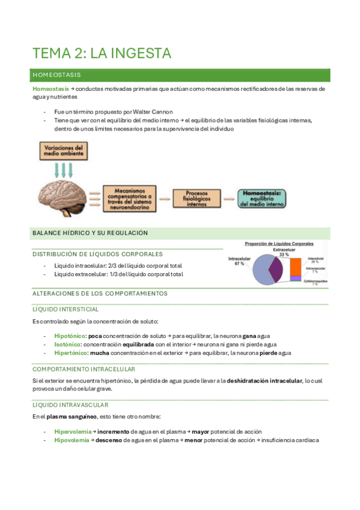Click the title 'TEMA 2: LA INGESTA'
click(x=102, y=53)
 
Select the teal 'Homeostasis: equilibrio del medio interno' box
click(x=263, y=197)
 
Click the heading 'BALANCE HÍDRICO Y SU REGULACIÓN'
click(x=90, y=233)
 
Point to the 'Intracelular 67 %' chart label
click(x=239, y=262)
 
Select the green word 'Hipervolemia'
click(x=73, y=431)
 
